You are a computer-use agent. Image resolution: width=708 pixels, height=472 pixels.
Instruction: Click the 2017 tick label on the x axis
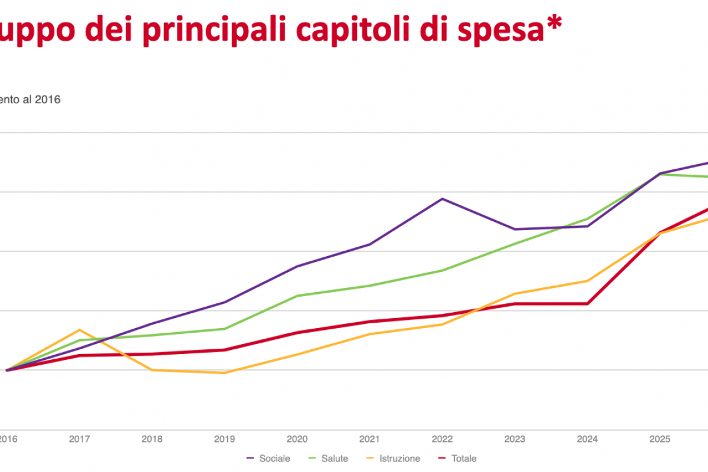[79, 439]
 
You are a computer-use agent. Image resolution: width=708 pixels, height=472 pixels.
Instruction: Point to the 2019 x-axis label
[224, 439]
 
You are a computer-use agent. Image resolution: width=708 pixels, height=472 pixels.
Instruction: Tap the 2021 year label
[369, 439]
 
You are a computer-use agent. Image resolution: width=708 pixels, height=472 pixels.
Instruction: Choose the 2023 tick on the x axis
[515, 439]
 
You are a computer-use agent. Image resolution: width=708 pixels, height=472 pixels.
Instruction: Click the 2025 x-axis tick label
[660, 439]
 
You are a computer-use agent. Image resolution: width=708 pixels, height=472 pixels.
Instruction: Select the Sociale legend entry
[268, 458]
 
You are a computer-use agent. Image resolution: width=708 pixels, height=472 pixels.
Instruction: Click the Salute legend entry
[329, 458]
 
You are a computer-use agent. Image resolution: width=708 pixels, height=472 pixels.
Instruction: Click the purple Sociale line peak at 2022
[442, 199]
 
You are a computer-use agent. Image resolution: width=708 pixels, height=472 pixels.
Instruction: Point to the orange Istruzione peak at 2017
[79, 330]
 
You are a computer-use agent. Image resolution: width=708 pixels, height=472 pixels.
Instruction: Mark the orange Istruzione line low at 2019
[224, 373]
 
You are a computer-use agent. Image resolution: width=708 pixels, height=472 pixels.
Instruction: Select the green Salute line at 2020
[297, 296]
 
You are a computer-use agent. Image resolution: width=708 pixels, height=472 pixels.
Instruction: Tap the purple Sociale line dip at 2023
[515, 229]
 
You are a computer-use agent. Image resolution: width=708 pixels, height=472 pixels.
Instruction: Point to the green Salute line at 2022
[442, 270]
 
